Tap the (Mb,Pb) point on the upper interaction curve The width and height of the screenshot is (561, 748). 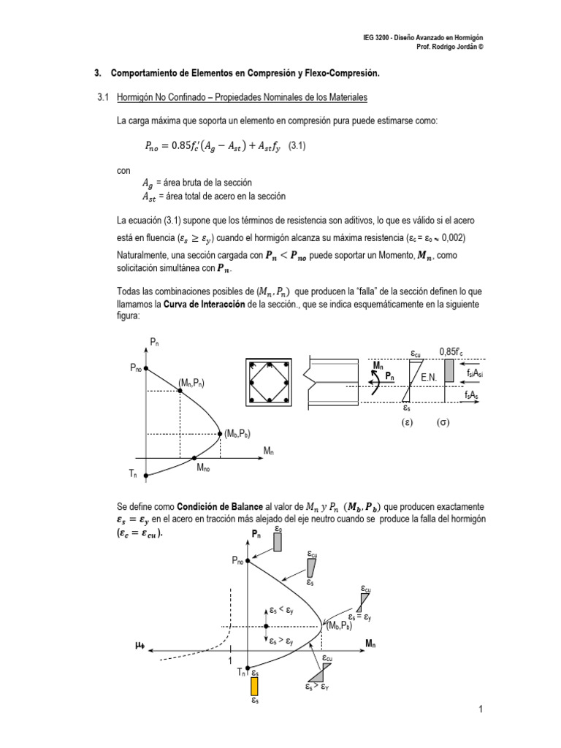221,434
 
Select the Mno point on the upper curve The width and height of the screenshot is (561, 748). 194,458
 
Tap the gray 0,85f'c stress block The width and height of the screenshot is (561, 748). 449,370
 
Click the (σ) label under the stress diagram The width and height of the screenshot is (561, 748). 443,423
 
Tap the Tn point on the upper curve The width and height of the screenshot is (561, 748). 146,475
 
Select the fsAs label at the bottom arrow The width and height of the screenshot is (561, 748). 472,394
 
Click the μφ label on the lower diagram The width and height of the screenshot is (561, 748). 140,645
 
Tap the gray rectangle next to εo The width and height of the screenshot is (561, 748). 278,541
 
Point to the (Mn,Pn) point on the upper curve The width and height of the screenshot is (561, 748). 180,390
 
